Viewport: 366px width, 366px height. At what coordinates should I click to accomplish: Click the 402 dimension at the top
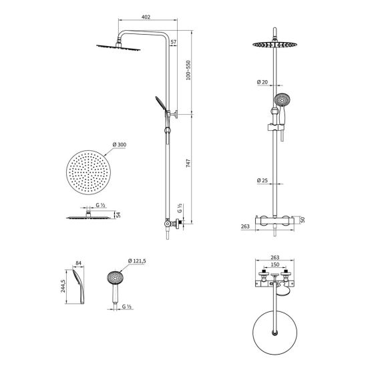pos(146,17)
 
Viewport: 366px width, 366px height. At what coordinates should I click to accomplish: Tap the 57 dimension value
pos(174,42)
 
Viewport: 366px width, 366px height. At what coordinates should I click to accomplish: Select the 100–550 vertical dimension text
pos(188,70)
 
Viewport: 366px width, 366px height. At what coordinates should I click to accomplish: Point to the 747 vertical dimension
pos(188,163)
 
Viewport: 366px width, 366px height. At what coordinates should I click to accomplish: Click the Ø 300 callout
pos(120,145)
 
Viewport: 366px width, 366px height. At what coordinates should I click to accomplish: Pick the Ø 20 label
pos(262,82)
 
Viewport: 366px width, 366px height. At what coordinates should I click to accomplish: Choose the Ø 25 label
pos(262,180)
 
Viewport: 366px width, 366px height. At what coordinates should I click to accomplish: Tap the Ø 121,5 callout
pos(137,261)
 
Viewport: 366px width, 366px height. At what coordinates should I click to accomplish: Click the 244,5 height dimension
pos(63,286)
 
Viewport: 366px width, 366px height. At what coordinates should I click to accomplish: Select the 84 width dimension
pos(78,263)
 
